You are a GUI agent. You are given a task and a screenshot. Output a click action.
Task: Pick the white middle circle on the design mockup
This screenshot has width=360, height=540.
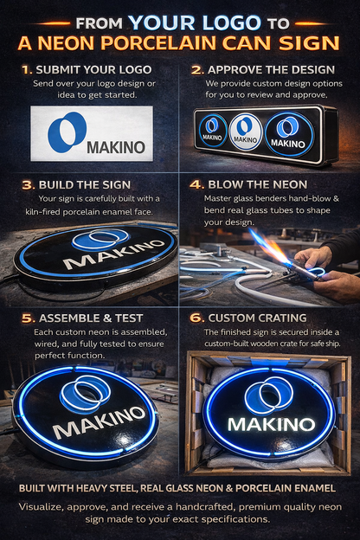click(246, 131)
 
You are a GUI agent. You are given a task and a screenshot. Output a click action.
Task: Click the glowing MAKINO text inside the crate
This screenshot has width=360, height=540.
click(270, 424)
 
